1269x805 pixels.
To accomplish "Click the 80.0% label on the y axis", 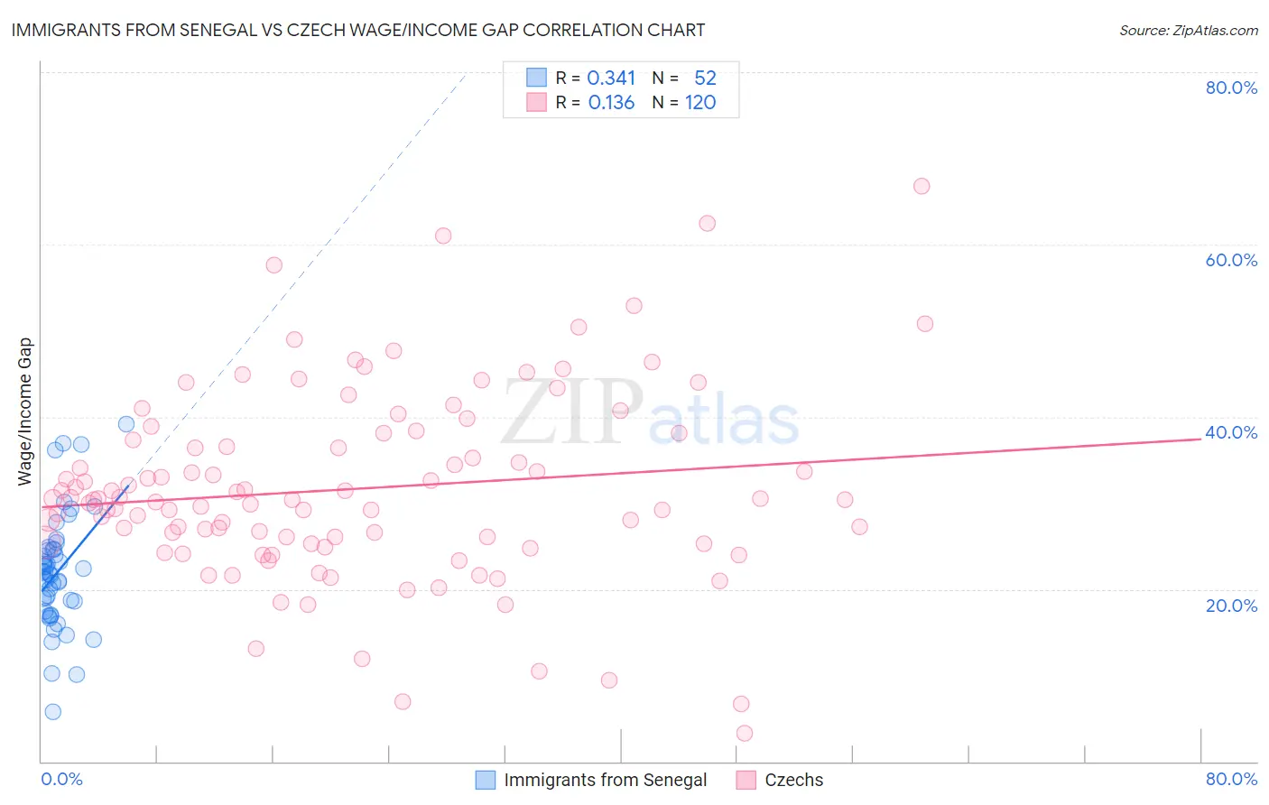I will [1231, 88].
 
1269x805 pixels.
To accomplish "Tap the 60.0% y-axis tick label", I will [1231, 260].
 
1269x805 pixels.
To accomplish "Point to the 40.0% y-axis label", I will [1231, 432].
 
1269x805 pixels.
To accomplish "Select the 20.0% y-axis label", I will [1231, 605].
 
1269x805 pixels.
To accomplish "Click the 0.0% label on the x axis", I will [61, 779].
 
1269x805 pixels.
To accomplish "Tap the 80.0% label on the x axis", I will [1231, 779].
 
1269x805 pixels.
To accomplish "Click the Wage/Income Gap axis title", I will [25, 412].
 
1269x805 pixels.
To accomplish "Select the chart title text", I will [358, 30].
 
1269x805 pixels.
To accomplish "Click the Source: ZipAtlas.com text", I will [1188, 30].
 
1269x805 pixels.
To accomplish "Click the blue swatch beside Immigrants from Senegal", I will [486, 780].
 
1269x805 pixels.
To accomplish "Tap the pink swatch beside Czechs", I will [746, 780].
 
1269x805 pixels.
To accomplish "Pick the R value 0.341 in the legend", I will [611, 79].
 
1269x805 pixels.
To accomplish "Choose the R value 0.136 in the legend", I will [611, 103].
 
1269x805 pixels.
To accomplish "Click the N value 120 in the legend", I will [700, 103].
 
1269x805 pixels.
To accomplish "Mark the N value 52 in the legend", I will [705, 79].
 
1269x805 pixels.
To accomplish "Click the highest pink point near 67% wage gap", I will [922, 186].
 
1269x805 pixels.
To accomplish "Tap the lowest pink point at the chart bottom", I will [745, 733].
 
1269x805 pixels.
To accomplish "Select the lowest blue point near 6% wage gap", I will [53, 712].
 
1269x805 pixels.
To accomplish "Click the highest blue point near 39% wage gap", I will [126, 424].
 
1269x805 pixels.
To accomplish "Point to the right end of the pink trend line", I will [1201, 439].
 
